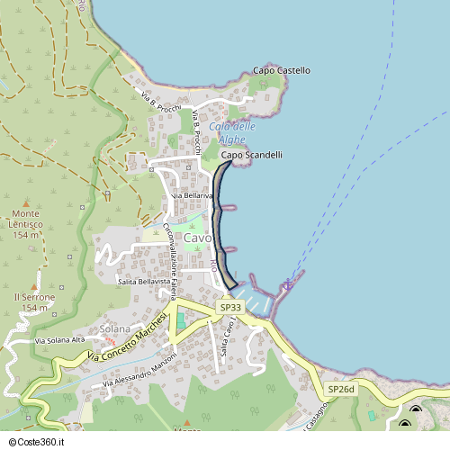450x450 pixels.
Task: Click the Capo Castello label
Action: pos(281,70)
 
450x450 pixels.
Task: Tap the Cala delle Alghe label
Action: pos(232,133)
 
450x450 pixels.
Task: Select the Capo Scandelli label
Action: pos(252,155)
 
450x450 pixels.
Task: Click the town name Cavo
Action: pos(198,238)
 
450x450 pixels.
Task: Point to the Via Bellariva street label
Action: pos(191,195)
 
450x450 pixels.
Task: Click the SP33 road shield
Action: pos(230,308)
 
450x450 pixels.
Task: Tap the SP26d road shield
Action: pos(341,389)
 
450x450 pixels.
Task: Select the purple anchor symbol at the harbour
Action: pos(288,285)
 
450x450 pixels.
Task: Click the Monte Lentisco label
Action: pos(26,229)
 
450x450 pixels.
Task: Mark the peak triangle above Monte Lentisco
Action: pos(26,204)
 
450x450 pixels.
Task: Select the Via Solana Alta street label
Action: pos(59,340)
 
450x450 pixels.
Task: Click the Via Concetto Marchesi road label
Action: pos(128,339)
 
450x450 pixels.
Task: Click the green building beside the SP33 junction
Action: pos(180,319)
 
